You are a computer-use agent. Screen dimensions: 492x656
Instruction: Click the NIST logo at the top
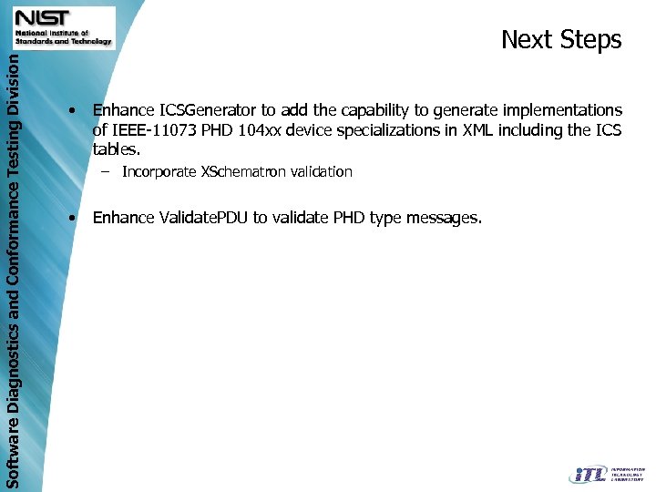tap(63, 26)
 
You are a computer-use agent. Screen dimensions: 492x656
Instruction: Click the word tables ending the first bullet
tap(117, 149)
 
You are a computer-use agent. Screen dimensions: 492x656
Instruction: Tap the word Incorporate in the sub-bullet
tap(159, 172)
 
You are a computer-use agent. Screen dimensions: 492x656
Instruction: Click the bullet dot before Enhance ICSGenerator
tap(71, 111)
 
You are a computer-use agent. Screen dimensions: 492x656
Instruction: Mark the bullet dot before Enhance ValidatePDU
tap(71, 218)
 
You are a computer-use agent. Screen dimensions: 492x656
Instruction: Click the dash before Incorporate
tap(107, 171)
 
